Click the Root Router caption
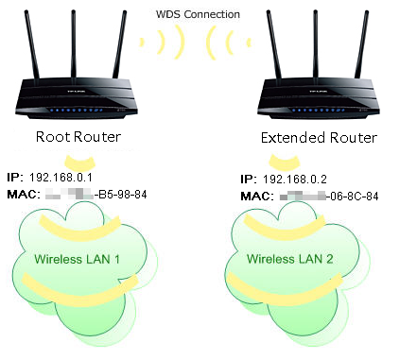(x=78, y=137)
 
